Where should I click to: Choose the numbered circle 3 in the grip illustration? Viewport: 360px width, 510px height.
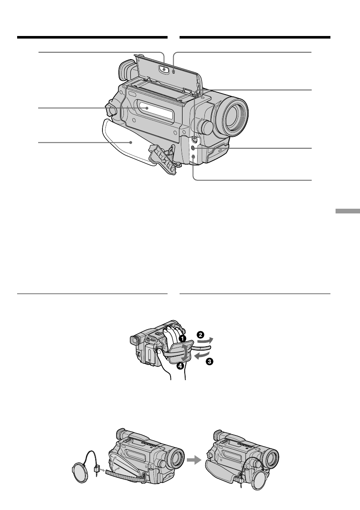click(x=210, y=361)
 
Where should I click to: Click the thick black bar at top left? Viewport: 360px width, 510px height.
click(x=92, y=38)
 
